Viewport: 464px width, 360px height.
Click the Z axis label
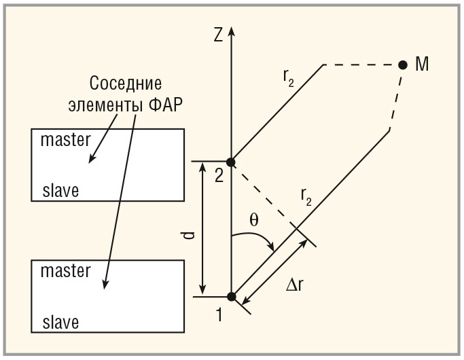coord(218,35)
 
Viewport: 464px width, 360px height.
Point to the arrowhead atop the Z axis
coord(232,31)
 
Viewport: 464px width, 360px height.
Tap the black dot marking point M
coord(403,65)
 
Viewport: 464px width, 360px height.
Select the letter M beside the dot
coord(421,65)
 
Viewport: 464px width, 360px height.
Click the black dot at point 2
coord(231,162)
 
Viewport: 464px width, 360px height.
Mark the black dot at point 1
coord(231,296)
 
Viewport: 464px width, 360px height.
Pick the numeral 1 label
coord(219,314)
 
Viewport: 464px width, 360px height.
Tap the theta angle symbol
coord(253,220)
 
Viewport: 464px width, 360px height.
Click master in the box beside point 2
coord(65,141)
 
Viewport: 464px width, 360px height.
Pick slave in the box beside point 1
coord(60,321)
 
